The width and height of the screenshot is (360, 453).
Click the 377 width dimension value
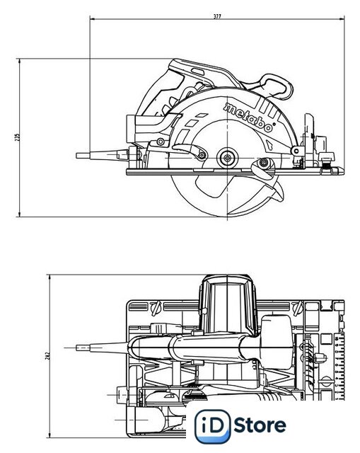point(217,16)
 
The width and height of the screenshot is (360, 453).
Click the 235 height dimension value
point(18,137)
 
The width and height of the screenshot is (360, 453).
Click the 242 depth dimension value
point(48,355)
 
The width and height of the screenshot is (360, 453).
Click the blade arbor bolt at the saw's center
point(228,158)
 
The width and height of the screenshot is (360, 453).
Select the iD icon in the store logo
point(213,426)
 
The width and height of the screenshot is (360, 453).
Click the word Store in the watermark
point(260,425)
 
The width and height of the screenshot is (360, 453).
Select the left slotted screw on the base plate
point(156,308)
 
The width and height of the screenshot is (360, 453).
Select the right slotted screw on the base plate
point(298,308)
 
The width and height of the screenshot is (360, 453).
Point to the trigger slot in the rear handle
point(198,72)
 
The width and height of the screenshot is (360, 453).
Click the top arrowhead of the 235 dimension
point(19,62)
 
